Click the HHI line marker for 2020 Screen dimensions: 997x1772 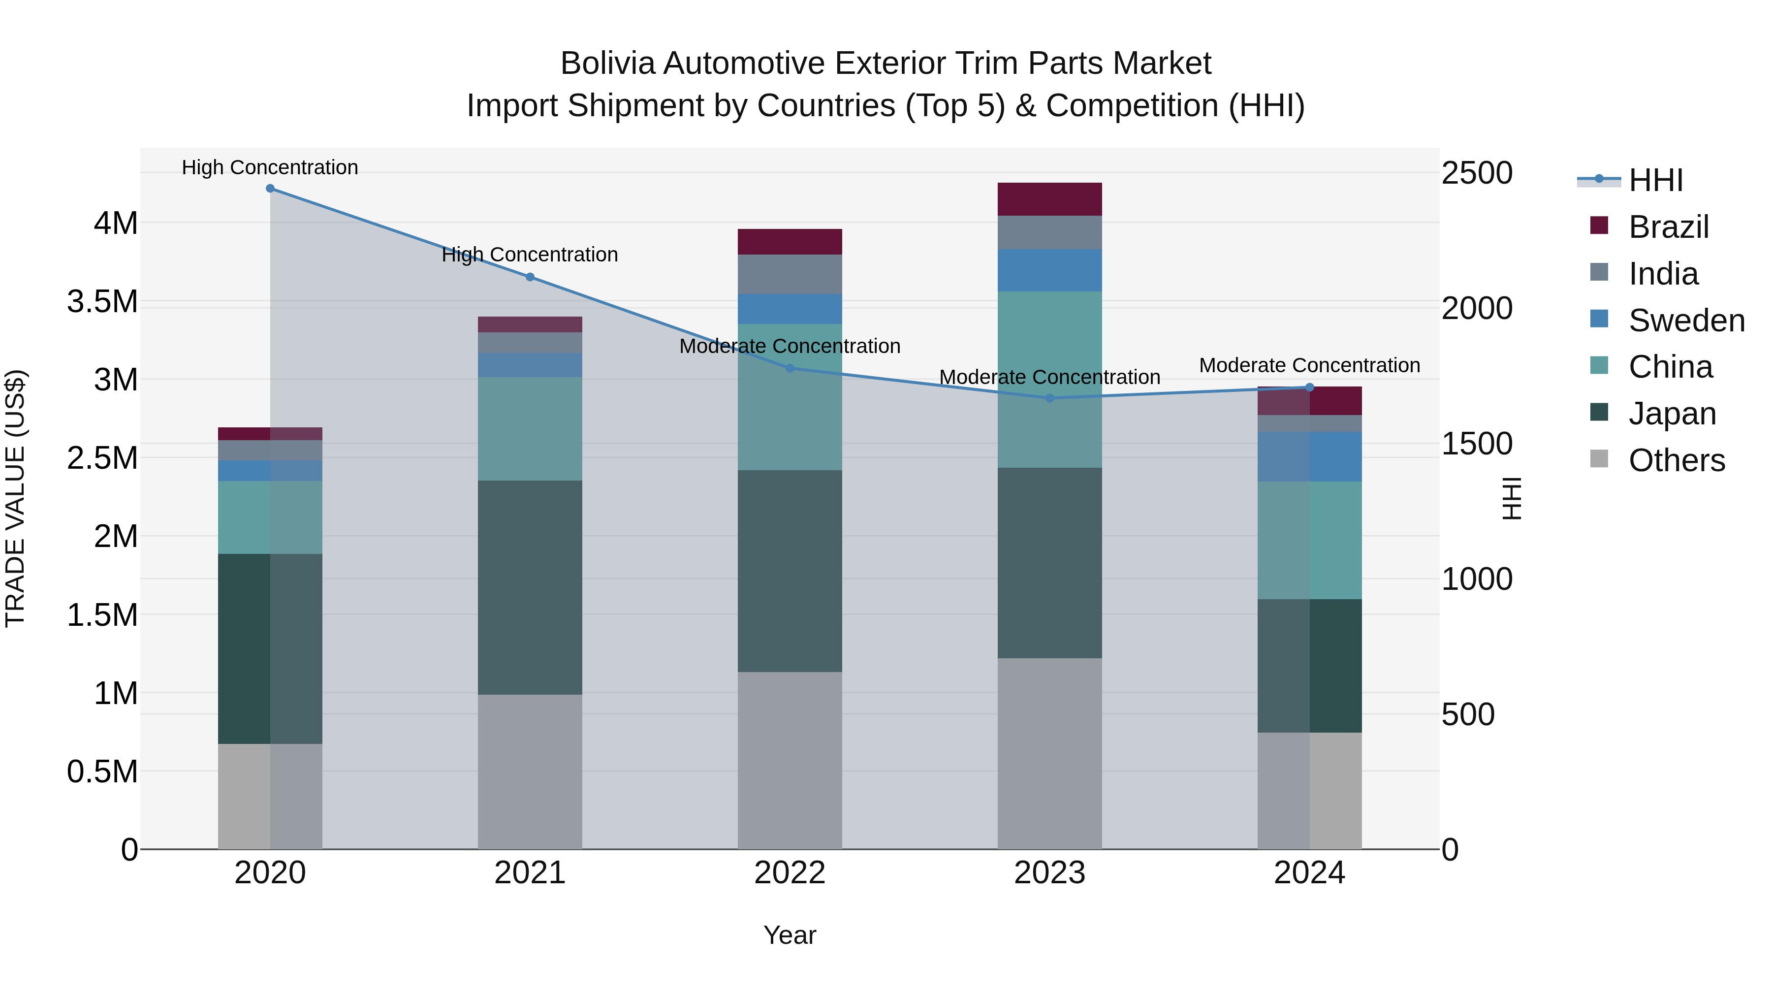tap(270, 189)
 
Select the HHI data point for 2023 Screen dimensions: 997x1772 tap(1050, 398)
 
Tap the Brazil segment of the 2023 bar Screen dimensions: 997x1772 tap(1050, 199)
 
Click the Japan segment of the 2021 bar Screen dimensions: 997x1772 tap(530, 587)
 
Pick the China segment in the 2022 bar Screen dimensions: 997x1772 tap(790, 397)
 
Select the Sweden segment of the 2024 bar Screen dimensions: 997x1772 tap(1310, 457)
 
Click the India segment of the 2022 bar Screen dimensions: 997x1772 tap(790, 275)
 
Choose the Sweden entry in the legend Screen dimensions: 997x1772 tap(1686, 321)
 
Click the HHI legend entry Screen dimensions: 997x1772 tap(1655, 180)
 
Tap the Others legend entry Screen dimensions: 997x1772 tap(1677, 460)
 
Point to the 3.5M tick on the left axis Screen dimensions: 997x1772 tap(102, 301)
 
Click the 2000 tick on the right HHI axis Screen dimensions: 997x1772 tap(1476, 308)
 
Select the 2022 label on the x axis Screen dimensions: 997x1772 tap(790, 873)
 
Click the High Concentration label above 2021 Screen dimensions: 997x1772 tap(530, 255)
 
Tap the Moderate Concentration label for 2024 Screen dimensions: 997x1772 tap(1310, 365)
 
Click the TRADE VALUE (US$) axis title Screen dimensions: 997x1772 tap(15, 498)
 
